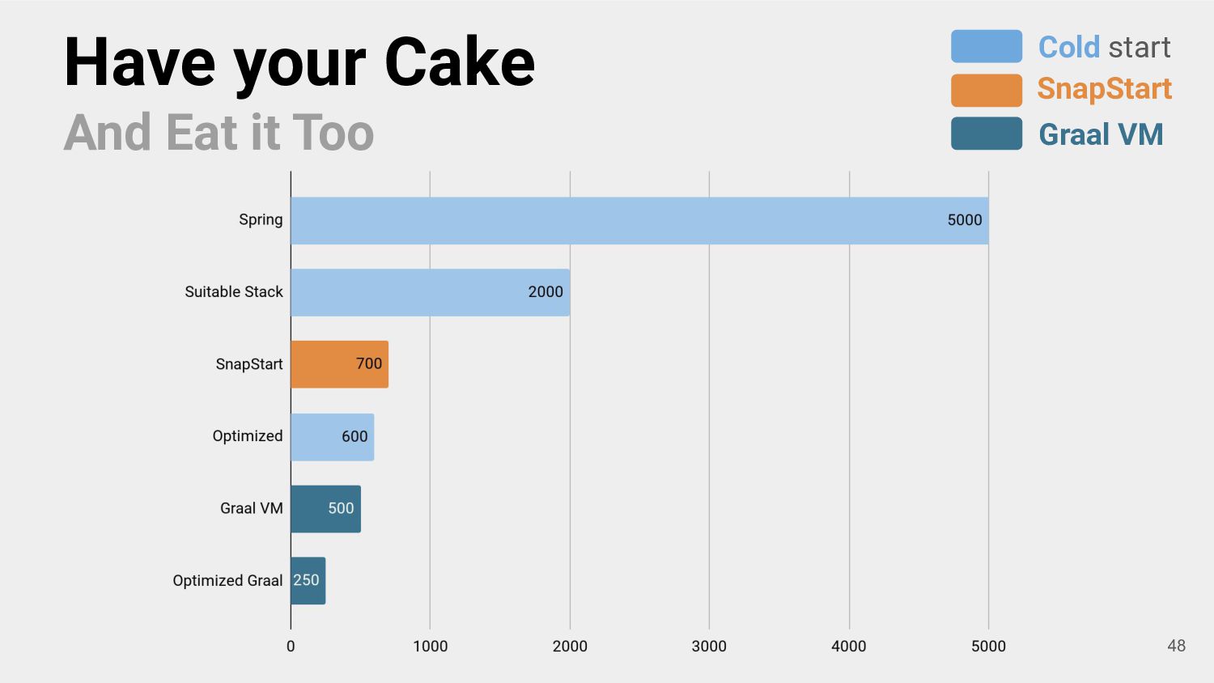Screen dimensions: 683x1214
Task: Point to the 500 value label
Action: (341, 508)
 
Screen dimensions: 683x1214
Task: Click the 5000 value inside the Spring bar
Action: (965, 220)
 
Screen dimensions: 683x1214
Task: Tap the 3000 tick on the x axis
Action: (709, 646)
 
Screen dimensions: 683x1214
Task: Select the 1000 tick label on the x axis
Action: (430, 646)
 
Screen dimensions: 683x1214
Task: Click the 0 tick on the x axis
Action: (291, 646)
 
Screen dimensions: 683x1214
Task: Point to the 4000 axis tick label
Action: (849, 646)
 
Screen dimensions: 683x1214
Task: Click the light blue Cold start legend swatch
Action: (987, 46)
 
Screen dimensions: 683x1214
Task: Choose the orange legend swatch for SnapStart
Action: (987, 90)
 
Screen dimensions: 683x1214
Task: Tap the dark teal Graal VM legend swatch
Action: (987, 134)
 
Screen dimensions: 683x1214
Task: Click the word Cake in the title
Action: (460, 62)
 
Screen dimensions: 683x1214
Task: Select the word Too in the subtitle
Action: (333, 133)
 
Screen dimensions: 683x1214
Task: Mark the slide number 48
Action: (1176, 646)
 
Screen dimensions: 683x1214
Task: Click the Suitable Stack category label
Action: (234, 292)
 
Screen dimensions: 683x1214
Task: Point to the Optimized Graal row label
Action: (227, 581)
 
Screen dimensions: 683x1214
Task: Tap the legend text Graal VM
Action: (1101, 134)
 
